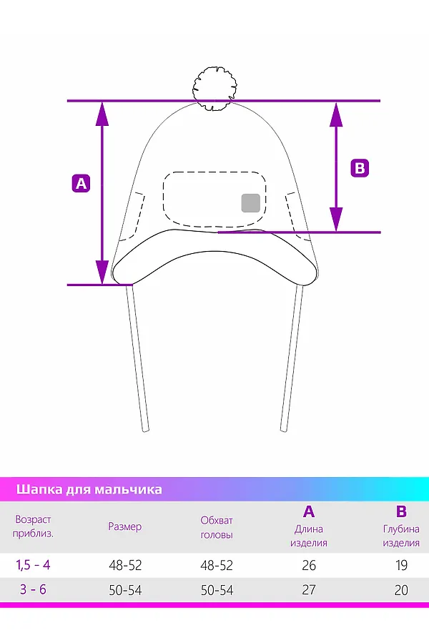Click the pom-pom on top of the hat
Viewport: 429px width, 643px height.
(x=215, y=89)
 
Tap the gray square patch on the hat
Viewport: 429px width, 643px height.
(x=250, y=203)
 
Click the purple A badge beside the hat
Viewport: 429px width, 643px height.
(x=82, y=183)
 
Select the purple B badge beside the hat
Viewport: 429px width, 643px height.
(x=360, y=168)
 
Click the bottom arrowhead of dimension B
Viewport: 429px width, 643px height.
(x=336, y=220)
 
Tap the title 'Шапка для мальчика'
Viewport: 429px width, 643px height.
(x=89, y=489)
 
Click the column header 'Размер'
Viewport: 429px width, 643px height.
(x=124, y=526)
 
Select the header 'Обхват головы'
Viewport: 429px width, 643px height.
(x=217, y=527)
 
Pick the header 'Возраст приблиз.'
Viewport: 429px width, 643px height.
(x=33, y=526)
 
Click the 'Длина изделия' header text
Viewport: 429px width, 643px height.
(x=309, y=536)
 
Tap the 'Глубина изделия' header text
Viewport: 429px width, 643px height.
(x=401, y=536)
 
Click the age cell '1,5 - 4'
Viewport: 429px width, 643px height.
(x=33, y=565)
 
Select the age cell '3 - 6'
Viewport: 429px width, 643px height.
(x=33, y=589)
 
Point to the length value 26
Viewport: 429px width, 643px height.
(x=309, y=566)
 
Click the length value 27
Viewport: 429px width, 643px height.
(x=309, y=590)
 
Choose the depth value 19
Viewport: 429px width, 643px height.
(x=401, y=566)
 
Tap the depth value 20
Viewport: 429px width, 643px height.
(x=401, y=590)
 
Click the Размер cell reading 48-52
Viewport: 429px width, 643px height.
(x=125, y=566)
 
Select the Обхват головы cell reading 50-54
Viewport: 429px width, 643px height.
(x=217, y=590)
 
